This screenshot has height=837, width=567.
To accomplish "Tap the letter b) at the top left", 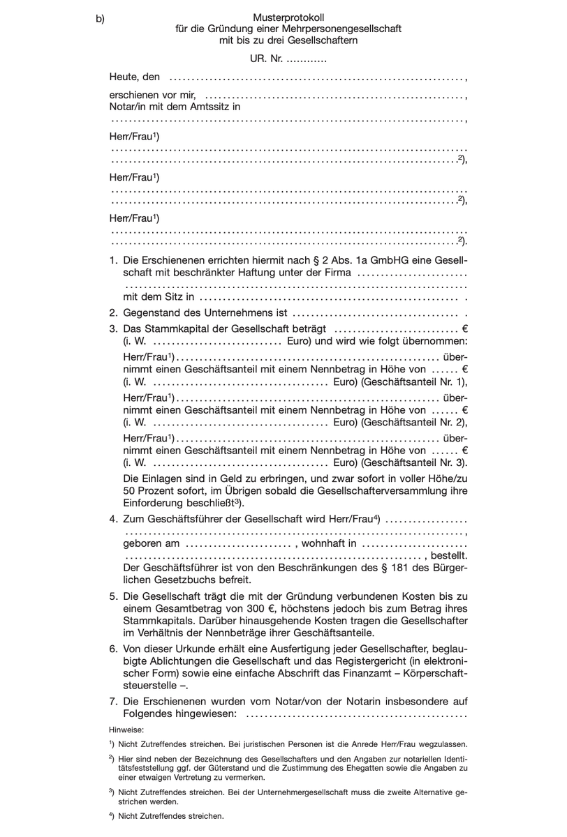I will (101, 19).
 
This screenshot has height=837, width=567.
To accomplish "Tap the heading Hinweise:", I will (126, 729).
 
